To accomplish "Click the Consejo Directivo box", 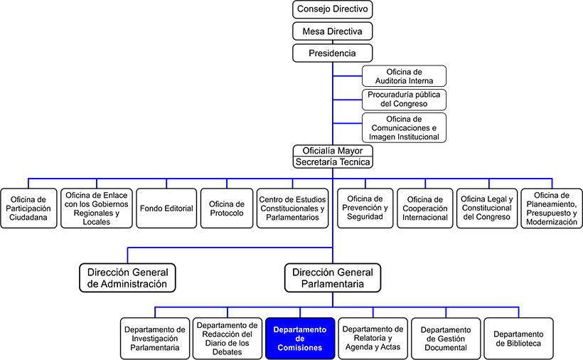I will [333, 9].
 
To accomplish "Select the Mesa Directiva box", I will [333, 31].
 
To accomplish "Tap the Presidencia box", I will [333, 53].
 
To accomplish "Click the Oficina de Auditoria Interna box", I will [404, 76].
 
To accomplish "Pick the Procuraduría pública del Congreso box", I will [404, 99].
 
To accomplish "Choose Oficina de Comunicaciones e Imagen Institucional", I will [404, 127].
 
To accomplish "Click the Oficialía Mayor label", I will [333, 151].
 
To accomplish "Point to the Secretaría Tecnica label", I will [333, 162].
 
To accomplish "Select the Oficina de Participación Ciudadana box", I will [28, 208].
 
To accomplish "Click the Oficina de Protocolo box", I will [227, 208].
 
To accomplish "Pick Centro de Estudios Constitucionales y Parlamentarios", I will [291, 208].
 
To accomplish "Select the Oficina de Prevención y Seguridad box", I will [364, 208].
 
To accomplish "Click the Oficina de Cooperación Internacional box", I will [425, 208].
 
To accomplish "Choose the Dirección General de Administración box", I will [127, 277].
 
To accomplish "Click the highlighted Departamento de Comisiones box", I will [299, 339].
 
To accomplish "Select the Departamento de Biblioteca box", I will [518, 339].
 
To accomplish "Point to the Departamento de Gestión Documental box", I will [445, 339].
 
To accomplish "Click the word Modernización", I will [552, 221].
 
